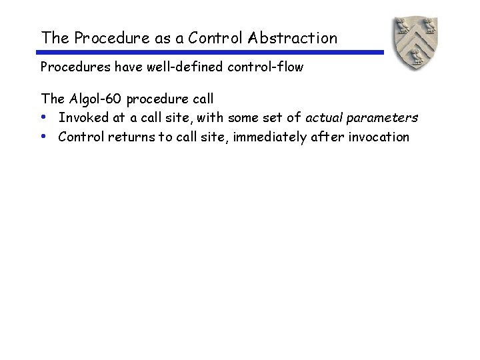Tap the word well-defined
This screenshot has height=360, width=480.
click(x=174, y=67)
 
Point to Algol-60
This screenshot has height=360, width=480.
click(x=95, y=99)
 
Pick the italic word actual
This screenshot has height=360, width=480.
click(x=325, y=118)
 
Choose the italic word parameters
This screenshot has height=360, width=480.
click(x=383, y=119)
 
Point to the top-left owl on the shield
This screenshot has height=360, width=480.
click(x=401, y=26)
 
